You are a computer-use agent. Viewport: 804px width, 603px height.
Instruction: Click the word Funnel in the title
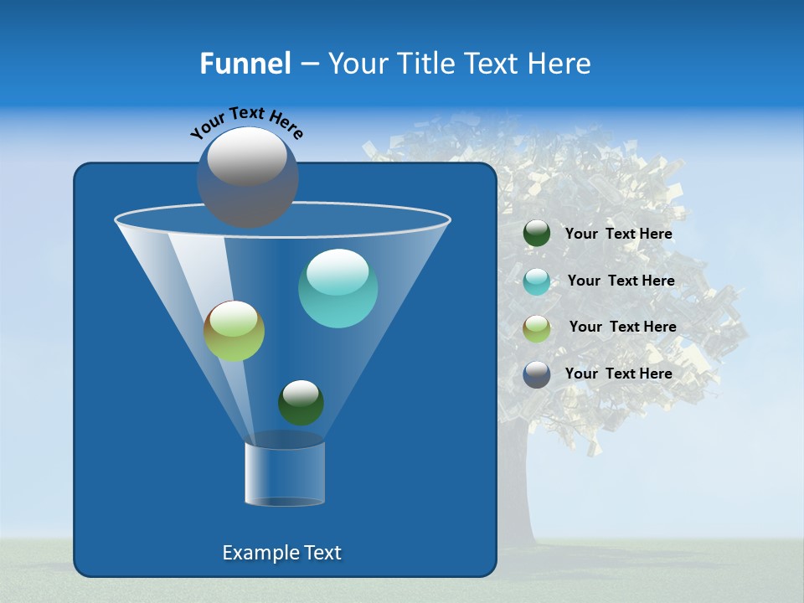[x=245, y=64]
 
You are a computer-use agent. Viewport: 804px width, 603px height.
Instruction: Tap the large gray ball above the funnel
[x=247, y=177]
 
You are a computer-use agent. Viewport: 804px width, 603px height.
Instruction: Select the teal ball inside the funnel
[x=338, y=288]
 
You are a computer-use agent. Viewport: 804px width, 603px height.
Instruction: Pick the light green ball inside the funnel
[x=234, y=331]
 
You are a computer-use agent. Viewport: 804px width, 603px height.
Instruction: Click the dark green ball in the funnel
[x=301, y=402]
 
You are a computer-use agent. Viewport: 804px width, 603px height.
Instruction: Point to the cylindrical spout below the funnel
[x=284, y=473]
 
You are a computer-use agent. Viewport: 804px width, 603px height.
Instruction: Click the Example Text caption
[x=281, y=553]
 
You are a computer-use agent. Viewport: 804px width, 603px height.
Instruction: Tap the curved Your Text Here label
[x=246, y=122]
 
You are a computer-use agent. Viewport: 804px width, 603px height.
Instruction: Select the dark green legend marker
[x=537, y=234]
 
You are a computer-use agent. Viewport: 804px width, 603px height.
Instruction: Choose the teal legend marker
[x=537, y=281]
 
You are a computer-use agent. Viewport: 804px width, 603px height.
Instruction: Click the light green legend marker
[x=537, y=328]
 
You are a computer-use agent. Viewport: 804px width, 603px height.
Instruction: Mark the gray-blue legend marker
[x=537, y=374]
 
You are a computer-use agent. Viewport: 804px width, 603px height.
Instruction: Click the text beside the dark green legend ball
[x=618, y=234]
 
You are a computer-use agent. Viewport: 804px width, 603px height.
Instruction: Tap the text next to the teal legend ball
[x=621, y=281]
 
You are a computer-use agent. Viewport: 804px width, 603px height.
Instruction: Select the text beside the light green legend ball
[x=622, y=327]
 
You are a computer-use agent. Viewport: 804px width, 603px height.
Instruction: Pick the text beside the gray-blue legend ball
[x=618, y=374]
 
